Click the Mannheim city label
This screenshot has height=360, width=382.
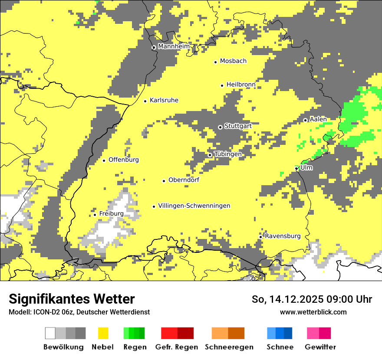coord(174,46)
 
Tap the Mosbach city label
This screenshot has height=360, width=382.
coord(233,61)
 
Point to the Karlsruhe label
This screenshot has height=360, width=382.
coord(164,100)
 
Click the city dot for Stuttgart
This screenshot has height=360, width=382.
coord(220,127)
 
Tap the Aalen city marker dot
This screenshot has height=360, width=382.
coord(305,120)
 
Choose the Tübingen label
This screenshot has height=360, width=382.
coord(228,154)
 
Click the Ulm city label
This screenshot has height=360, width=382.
coord(306,167)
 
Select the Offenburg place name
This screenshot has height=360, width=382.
coord(124,160)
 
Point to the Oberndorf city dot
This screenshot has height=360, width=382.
coord(164,181)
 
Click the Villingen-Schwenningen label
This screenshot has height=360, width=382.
coord(194,206)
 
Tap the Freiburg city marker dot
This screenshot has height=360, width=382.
coord(95,215)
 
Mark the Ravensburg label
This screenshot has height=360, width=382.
coord(283,236)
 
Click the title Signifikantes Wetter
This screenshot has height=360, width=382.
coord(72,299)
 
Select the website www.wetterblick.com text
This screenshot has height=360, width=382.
coord(313,312)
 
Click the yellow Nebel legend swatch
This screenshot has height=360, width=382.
coord(103,333)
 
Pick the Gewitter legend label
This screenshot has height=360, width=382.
coord(320,347)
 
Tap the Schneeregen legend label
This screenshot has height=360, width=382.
coord(229,347)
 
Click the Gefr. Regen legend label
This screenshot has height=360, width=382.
coord(177,347)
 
